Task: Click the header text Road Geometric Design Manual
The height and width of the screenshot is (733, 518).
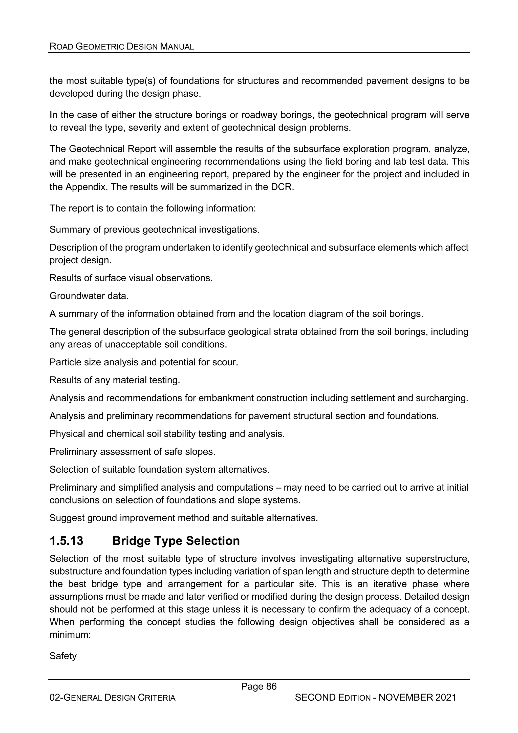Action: tap(122, 47)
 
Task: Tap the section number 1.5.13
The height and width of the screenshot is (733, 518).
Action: tap(66, 540)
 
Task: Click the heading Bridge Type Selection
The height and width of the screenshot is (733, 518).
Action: tap(176, 540)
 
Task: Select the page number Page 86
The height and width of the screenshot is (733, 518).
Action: tap(258, 686)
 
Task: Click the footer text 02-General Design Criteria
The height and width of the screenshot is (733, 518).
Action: tap(112, 698)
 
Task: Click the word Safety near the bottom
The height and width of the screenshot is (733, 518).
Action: tap(63, 656)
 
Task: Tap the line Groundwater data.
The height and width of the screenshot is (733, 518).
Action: tap(89, 296)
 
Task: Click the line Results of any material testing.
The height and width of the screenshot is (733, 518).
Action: tap(115, 380)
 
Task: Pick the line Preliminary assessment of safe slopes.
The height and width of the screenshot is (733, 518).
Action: tap(132, 452)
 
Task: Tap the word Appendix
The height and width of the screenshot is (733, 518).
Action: tap(86, 187)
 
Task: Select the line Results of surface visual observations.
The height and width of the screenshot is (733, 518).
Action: tap(131, 278)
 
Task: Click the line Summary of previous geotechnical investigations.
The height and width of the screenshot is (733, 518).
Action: tap(154, 229)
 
